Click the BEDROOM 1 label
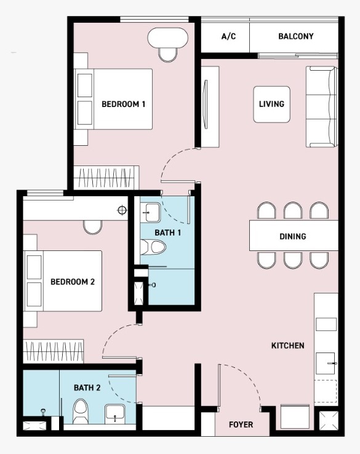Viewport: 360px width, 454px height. pos(123,104)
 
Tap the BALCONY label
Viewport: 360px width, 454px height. pos(296,36)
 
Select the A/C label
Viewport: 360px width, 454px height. pos(228,36)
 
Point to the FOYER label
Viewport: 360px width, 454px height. pos(241,424)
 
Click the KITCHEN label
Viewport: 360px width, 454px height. pos(287,346)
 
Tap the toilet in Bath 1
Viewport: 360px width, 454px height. pos(153,247)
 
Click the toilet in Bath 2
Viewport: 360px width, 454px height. pos(81,411)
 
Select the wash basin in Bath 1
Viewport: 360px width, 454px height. pos(150,212)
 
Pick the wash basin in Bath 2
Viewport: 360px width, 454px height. pos(114,413)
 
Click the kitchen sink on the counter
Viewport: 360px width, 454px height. pos(326,363)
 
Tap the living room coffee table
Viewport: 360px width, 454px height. pos(271,104)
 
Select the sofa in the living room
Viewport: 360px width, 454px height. pos(321,107)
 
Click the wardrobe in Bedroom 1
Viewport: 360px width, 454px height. pos(106,178)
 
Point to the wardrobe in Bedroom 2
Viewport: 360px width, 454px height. pos(54,351)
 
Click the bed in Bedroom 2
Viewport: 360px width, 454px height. pos(63,281)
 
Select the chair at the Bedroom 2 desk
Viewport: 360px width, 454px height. pos(93,227)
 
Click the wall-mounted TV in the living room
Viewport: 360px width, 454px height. pos(206,104)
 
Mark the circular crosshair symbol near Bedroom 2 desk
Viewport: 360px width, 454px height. pos(122,210)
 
